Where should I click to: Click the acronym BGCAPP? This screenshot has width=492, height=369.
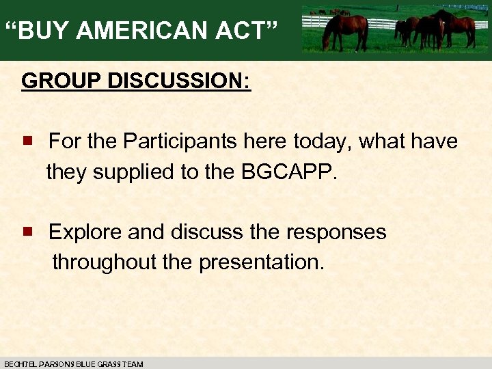289,172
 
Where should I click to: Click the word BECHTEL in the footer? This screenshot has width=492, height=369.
21,364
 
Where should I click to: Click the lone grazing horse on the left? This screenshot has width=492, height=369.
346,29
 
